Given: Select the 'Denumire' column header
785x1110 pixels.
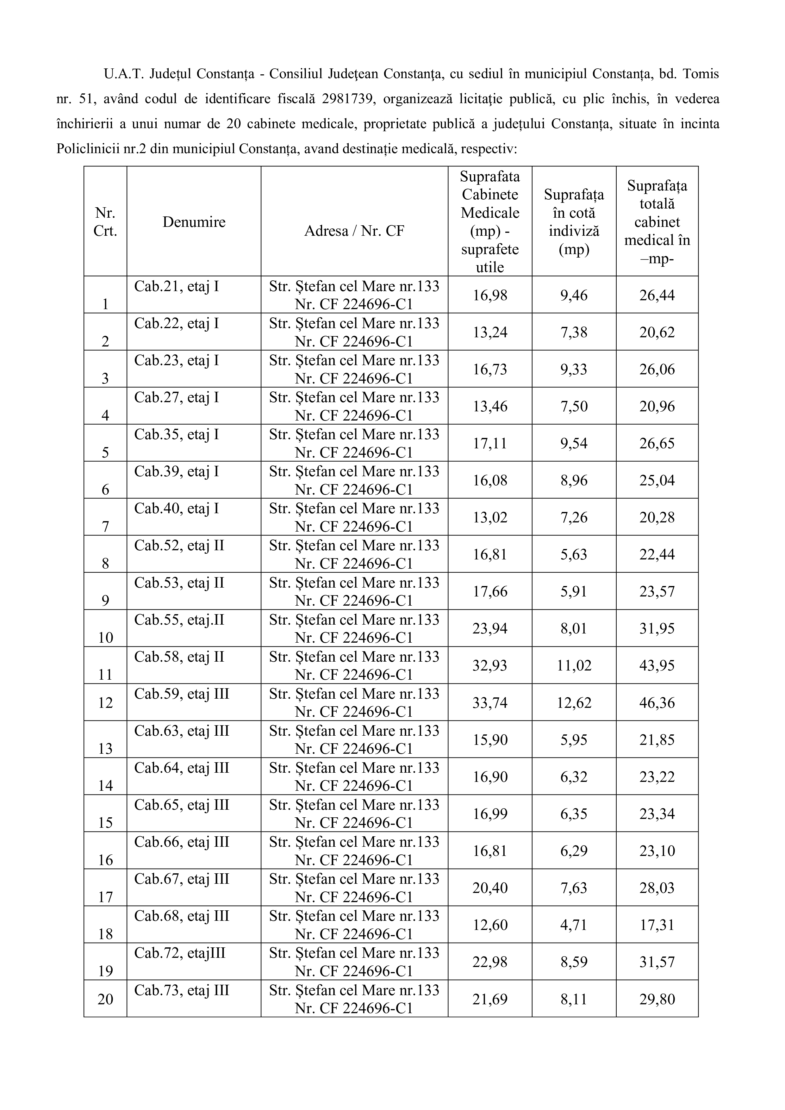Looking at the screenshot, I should tap(194, 222).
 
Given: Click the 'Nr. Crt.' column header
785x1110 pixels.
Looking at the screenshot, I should tap(105, 222).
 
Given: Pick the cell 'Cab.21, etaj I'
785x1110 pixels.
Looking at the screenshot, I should tap(177, 287).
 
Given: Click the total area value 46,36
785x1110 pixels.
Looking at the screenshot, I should tap(657, 702).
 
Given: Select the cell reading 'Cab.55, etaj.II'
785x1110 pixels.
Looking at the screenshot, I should tap(179, 620).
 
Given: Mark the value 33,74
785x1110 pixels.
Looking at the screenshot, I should tap(490, 702).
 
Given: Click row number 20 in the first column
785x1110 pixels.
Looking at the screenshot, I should tap(105, 999).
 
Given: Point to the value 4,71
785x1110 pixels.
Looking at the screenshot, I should tap(574, 925).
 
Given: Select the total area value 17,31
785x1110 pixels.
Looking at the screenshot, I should tap(657, 925).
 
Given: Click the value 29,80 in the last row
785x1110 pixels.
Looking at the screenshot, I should tap(657, 999).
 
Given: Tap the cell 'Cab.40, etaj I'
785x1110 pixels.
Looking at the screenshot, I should tap(177, 508).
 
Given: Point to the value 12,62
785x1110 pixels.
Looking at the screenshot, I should tap(574, 702).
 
